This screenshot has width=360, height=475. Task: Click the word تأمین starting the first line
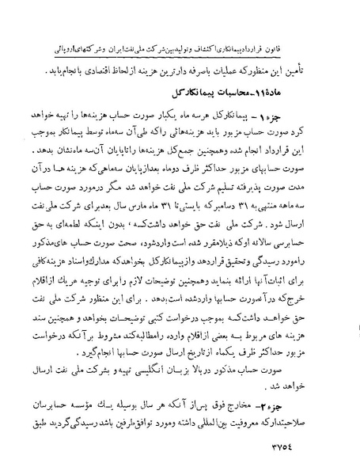coord(325,69)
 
